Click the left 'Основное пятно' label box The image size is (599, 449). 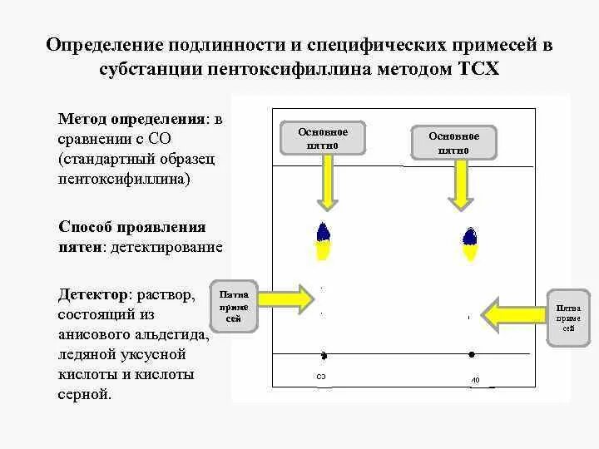click(323, 139)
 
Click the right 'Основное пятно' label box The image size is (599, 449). click(453, 142)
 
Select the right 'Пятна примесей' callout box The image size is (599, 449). click(568, 317)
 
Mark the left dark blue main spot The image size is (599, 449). click(323, 232)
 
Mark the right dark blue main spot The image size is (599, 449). click(470, 236)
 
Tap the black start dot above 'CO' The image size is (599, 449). click(324, 356)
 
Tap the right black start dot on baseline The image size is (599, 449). click(472, 354)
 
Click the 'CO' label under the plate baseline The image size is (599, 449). click(321, 377)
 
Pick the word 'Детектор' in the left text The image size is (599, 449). click(93, 295)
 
